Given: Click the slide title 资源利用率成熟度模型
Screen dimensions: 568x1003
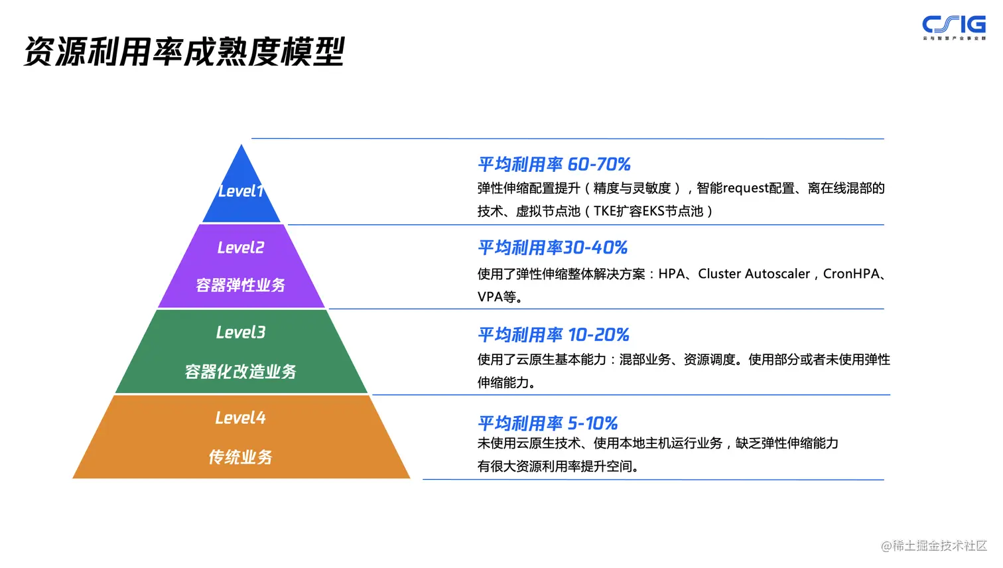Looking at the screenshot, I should tap(184, 51).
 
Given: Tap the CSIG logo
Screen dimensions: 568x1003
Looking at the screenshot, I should tap(953, 27).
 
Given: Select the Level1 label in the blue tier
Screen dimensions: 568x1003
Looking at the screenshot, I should tap(241, 191).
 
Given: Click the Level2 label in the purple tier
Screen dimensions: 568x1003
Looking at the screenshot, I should tap(241, 248).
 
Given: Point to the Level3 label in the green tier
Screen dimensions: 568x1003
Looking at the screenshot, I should tap(241, 332).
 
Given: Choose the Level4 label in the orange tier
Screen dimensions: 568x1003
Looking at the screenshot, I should tap(241, 418).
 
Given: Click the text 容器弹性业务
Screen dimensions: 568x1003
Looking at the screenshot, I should tap(241, 285).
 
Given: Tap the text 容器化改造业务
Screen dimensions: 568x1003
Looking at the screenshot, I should tap(241, 372).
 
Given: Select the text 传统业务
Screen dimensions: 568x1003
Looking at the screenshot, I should tap(241, 457).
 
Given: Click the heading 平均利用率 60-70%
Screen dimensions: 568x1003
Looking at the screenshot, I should tap(554, 164).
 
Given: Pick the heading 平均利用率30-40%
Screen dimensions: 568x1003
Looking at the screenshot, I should tap(553, 248).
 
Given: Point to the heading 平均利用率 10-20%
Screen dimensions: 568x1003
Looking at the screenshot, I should tap(553, 334).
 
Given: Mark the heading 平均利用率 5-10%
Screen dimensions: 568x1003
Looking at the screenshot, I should tap(548, 423).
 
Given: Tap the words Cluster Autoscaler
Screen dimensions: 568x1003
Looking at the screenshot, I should tap(754, 273).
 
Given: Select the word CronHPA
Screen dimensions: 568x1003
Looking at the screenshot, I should tap(851, 273).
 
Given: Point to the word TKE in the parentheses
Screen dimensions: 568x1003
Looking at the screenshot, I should tap(604, 212).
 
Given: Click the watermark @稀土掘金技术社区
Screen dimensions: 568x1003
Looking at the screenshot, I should tap(933, 545).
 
